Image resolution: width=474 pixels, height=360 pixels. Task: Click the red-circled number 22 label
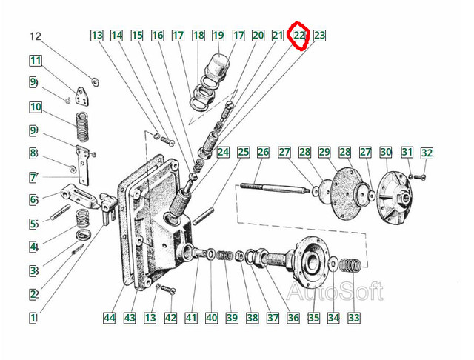tap(299, 36)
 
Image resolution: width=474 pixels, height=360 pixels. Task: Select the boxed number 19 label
tap(218, 36)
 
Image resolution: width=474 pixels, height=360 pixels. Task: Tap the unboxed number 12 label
tap(35, 36)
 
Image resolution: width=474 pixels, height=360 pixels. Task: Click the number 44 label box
tap(110, 318)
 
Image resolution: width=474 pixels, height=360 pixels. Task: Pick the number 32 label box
tap(427, 153)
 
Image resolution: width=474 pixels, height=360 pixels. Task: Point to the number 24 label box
tap(223, 152)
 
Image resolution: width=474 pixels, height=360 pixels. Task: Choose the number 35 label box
tap(313, 318)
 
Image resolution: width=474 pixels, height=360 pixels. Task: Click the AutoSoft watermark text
tap(335, 291)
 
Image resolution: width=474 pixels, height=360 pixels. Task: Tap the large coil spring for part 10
tap(82, 127)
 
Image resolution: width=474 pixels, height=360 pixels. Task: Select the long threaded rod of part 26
tap(275, 187)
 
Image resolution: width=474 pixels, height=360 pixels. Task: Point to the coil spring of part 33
tap(350, 266)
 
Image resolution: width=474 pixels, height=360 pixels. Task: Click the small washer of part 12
tap(96, 81)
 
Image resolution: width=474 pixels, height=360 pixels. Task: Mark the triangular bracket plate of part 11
tap(82, 97)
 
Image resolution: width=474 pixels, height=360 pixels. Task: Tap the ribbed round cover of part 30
tap(395, 198)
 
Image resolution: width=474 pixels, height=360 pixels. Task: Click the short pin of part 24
tap(204, 216)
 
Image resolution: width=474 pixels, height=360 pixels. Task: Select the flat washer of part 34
tap(333, 264)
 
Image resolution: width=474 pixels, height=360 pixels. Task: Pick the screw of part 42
tap(168, 290)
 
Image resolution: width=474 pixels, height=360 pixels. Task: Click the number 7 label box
tap(33, 178)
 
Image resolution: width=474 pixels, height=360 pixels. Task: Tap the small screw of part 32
tap(420, 177)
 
